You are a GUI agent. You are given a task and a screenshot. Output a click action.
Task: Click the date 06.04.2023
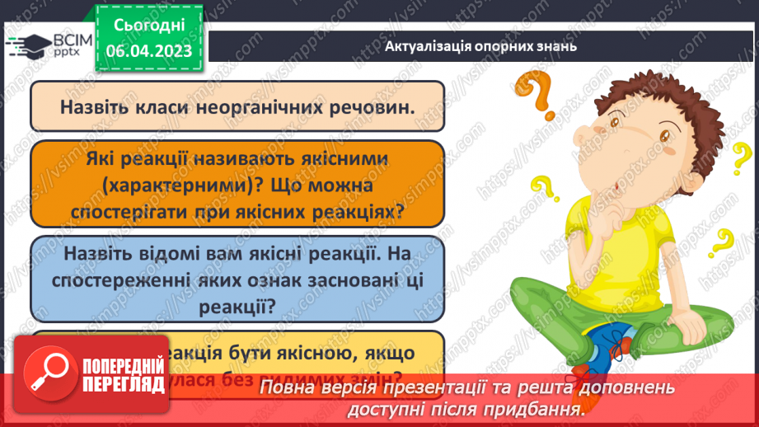click(148, 51)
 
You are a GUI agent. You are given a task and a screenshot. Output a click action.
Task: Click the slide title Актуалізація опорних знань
click(480, 46)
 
